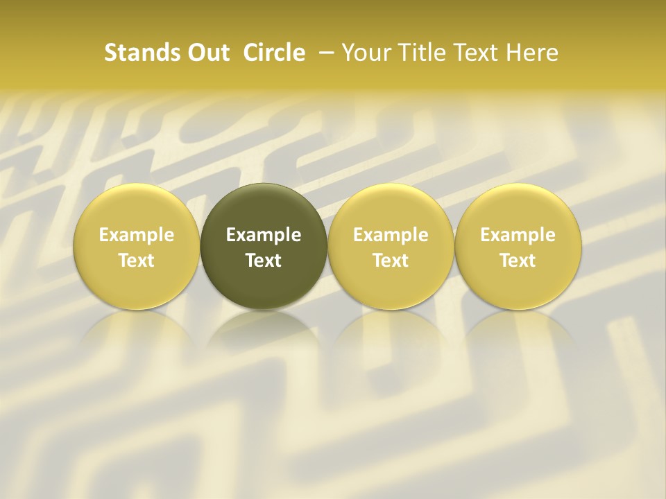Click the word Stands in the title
click(135, 53)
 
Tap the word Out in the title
click(206, 53)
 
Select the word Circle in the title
click(274, 53)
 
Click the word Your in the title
click(365, 53)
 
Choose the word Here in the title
click(531, 53)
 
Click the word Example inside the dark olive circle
click(264, 236)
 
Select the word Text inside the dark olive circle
click(264, 261)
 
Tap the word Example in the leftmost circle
click(137, 236)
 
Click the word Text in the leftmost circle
click(137, 261)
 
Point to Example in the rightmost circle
click(518, 236)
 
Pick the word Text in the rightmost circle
click(518, 261)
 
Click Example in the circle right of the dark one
click(391, 236)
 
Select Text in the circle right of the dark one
click(391, 261)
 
